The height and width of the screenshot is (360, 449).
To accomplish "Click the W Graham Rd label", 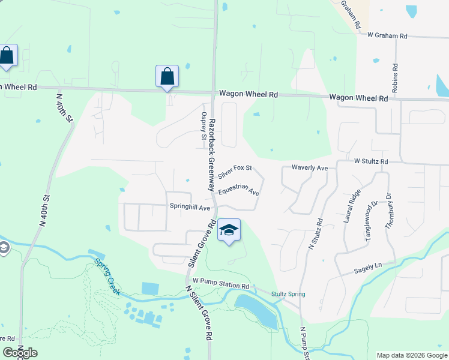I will click(x=387, y=36).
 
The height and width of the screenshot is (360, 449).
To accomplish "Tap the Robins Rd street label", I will click(x=395, y=79).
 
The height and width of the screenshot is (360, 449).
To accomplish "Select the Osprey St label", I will click(x=204, y=126).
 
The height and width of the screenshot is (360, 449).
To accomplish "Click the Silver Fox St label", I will click(x=235, y=172).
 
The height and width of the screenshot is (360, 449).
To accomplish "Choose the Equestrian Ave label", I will click(x=239, y=191).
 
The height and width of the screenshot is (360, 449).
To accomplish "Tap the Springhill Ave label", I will click(x=189, y=208).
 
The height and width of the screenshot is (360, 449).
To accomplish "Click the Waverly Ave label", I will click(x=310, y=168).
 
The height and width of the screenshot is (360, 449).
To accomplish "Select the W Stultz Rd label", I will click(x=372, y=161).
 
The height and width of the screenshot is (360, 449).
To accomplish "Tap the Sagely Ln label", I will click(x=369, y=265).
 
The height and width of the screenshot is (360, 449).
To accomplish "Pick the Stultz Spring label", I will click(x=288, y=294).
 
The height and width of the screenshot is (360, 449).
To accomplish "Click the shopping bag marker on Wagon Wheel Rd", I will click(x=167, y=77).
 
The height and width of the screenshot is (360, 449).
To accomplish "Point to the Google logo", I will click(x=20, y=353).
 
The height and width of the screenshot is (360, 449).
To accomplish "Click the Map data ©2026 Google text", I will click(x=411, y=355).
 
